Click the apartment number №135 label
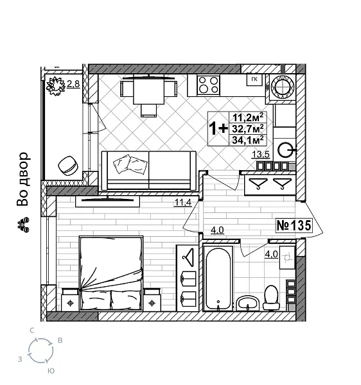point(294,225)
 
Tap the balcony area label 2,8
point(73,83)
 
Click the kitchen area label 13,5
point(261,154)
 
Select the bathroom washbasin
point(247,300)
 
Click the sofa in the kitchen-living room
point(148,170)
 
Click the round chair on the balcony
point(68,166)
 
